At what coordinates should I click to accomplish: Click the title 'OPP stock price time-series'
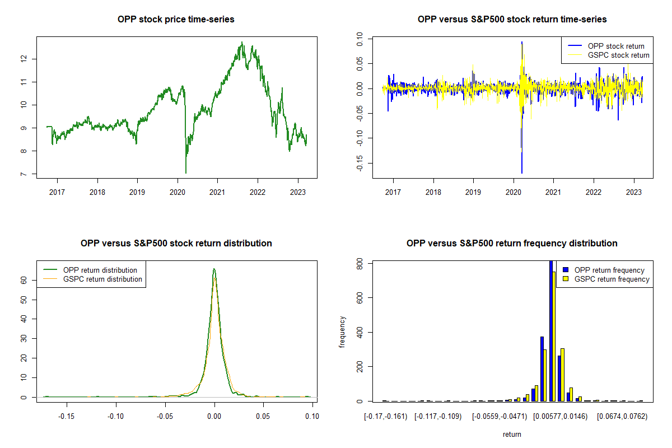(176, 20)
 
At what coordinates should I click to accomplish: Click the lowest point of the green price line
(186, 172)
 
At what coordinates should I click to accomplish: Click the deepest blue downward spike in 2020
(522, 172)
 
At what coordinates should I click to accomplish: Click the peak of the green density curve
(214, 269)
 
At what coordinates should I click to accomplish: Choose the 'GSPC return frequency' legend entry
(612, 279)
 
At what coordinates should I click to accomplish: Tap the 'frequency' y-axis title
(343, 332)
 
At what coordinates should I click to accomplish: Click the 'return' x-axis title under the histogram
(512, 434)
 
